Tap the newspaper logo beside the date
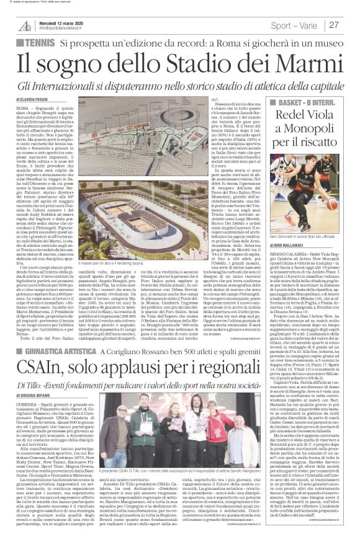(x=25, y=25)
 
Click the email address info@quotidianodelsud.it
(x=66, y=29)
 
